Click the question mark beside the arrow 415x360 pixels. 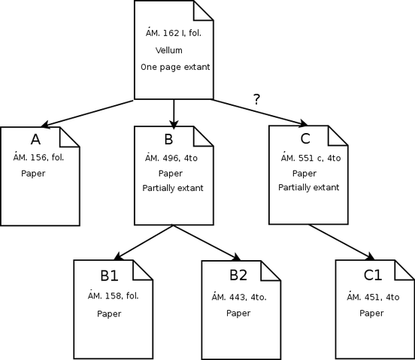(256, 99)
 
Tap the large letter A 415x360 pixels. (36, 139)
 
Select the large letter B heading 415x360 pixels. (168, 139)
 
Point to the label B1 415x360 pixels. (109, 275)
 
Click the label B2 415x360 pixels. (238, 275)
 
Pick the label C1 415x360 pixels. (373, 275)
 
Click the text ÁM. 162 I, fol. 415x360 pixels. (174, 33)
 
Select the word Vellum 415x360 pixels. (169, 50)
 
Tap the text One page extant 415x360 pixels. (175, 67)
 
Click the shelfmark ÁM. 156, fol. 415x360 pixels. (38, 157)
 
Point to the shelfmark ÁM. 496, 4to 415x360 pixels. (171, 158)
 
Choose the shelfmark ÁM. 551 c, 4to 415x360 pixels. (310, 158)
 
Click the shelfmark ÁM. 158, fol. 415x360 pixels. (114, 295)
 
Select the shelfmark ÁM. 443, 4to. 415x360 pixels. (239, 297)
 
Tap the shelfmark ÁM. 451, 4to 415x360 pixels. (373, 297)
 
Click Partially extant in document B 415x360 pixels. (173, 188)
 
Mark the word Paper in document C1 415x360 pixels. (371, 313)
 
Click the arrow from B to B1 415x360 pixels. (143, 242)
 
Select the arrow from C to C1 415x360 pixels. (341, 242)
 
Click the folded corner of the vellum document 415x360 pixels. (203, 11)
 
